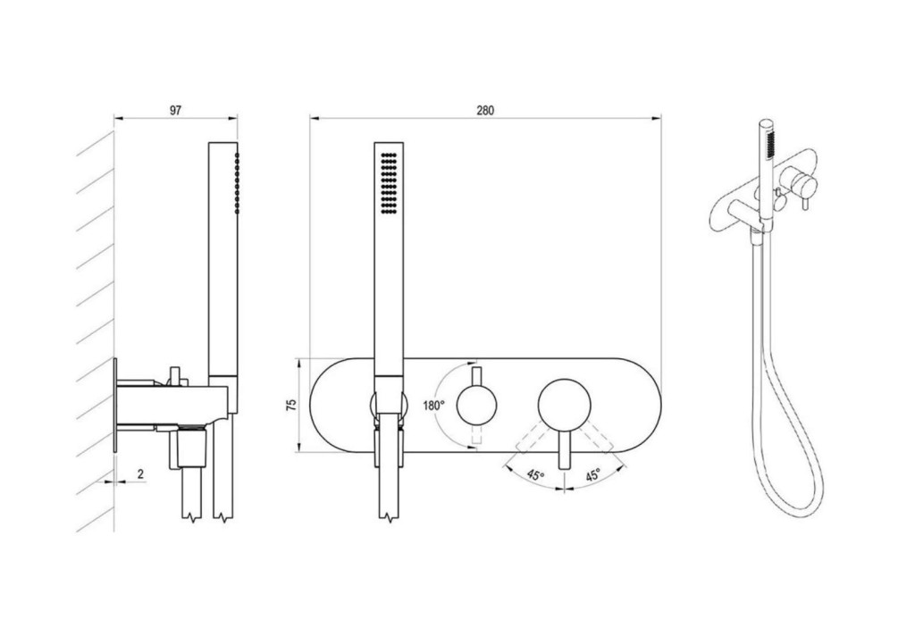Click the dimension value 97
pos(176,110)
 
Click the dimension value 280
pos(485,110)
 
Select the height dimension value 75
pos(292,405)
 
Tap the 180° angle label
pos(433,406)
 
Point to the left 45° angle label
pos(535,474)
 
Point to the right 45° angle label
pos(592,474)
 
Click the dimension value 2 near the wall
pos(140,474)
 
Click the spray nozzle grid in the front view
pos(389,183)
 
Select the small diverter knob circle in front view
pos(477,405)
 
